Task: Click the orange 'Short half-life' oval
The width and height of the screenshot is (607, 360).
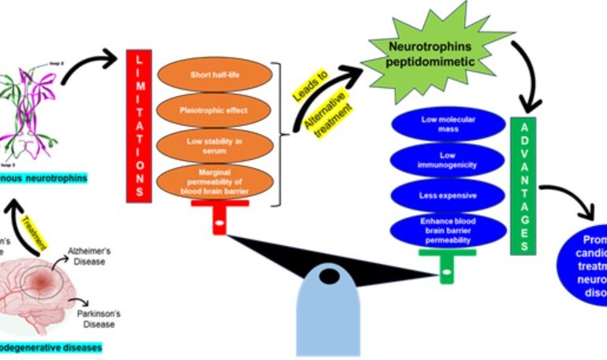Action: pos(216,75)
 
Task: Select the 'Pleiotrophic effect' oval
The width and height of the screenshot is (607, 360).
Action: pos(216,110)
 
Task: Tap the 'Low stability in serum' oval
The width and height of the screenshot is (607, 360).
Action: pos(216,146)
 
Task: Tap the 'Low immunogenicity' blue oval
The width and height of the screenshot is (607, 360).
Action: pos(447,158)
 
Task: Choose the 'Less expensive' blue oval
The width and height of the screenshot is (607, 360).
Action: pos(447,194)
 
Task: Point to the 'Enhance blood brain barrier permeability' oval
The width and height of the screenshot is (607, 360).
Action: pos(447,229)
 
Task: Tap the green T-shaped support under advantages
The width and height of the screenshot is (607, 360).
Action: pos(446,263)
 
